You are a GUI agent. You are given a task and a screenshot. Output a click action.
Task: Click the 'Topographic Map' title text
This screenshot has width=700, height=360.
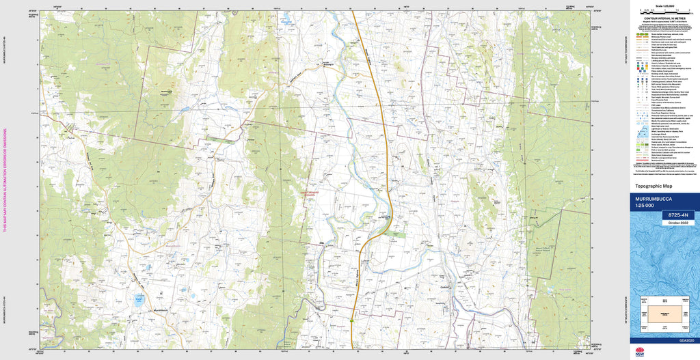click(654, 186)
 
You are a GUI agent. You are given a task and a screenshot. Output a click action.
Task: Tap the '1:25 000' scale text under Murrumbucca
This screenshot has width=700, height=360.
click(646, 206)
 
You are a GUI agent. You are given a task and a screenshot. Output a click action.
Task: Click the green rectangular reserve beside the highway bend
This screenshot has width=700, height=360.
click(394, 234)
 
